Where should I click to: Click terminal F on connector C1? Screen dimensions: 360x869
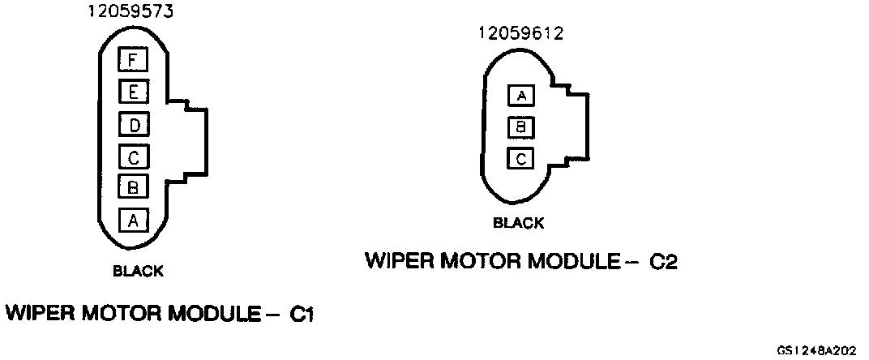[131, 59]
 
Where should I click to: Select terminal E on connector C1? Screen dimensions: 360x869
[131, 92]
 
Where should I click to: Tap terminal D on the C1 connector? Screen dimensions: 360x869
[131, 125]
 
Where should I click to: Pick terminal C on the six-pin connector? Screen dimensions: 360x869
[131, 155]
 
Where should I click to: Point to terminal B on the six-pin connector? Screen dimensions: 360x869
[131, 186]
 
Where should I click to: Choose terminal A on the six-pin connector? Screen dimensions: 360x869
[131, 219]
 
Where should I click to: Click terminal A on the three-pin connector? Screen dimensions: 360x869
[521, 96]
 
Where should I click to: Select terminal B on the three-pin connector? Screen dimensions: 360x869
[521, 126]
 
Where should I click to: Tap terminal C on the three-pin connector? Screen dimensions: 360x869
[521, 157]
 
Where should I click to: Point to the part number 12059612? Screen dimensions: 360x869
[520, 33]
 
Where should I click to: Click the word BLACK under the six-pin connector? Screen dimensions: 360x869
[138, 271]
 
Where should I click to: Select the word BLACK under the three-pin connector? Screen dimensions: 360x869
[518, 223]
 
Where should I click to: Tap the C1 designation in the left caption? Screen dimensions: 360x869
[301, 313]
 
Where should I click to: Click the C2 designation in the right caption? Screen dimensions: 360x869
[663, 262]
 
